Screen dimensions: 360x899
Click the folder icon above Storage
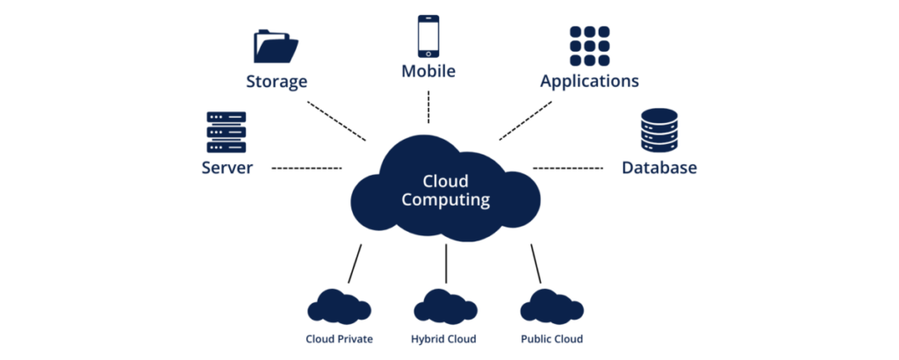[x=277, y=46]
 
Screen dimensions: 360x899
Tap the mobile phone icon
[x=428, y=37]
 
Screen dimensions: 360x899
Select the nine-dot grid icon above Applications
[x=589, y=44]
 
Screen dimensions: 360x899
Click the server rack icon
[x=227, y=133]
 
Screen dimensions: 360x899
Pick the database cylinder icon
[x=659, y=133]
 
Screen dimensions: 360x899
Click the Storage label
[x=277, y=82]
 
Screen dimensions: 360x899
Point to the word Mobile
[x=428, y=71]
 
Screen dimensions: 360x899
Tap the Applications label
[x=589, y=82]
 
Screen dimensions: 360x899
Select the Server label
[x=227, y=168]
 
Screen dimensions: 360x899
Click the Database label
[x=659, y=168]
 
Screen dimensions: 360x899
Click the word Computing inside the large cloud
[x=445, y=200]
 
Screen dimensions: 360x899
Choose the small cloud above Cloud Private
[x=339, y=306]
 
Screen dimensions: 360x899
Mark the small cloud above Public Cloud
[x=551, y=306]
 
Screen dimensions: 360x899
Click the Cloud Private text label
[x=339, y=339]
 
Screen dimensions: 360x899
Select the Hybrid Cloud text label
[x=444, y=339]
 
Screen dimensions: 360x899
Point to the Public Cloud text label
[x=551, y=339]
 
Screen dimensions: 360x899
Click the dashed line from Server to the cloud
[x=306, y=167]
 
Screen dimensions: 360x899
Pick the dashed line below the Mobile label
[x=428, y=106]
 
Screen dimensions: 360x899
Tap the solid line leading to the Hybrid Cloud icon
[x=446, y=263]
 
